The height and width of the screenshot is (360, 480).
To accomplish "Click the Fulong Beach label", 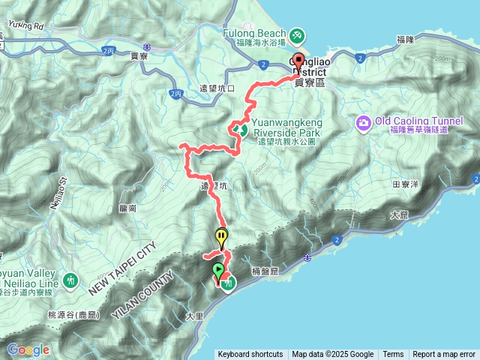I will point(254,34).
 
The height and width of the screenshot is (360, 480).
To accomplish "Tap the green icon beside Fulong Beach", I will point(297,34).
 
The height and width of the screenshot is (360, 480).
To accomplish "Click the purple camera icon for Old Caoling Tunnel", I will point(364,122).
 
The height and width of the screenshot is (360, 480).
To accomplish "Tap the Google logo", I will point(28,349).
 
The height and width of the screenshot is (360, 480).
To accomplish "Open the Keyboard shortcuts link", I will point(250,355).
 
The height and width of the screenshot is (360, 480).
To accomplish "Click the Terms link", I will point(393,355).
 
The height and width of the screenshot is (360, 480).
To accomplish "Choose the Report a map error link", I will point(444,355).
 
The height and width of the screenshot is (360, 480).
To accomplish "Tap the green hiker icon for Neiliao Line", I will point(70,280).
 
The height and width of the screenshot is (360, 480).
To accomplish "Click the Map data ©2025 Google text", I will point(333,355).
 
